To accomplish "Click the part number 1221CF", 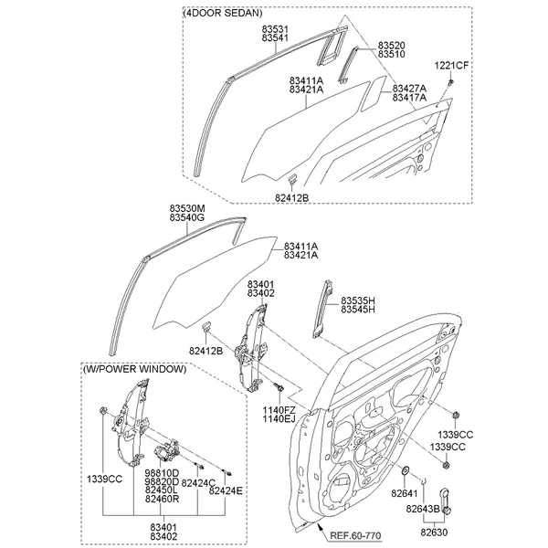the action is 451,66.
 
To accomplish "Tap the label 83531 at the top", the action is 275,28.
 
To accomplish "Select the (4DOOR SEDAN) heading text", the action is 222,13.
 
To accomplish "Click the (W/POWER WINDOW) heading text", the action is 134,369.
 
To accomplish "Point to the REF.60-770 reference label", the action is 355,535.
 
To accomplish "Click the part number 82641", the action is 405,493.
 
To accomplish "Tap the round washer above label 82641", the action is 406,470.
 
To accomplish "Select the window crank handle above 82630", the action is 445,501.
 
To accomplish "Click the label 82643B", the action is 423,509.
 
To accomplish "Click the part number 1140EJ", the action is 279,418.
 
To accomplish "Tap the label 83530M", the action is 187,208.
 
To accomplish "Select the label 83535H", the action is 358,300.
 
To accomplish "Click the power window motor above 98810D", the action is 167,451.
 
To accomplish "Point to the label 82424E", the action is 226,490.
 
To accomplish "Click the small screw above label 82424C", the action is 199,466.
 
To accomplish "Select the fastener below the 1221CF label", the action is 451,82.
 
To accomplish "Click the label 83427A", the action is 409,89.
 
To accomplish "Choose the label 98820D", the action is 162,482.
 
